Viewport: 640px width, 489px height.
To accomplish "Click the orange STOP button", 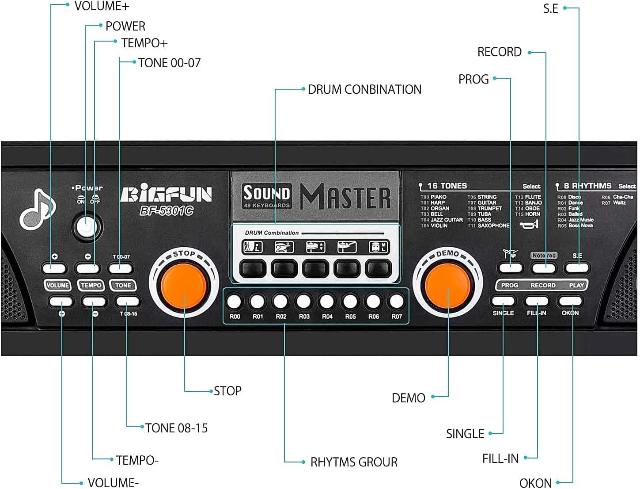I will click(x=184, y=283).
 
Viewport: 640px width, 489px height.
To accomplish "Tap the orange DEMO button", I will click(x=448, y=285).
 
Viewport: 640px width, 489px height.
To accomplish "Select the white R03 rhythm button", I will click(x=304, y=302).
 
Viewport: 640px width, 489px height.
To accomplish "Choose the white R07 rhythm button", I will click(x=396, y=302).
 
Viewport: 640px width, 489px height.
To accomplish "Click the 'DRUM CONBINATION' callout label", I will click(x=364, y=89).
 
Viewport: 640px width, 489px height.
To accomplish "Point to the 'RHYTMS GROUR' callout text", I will click(x=354, y=462).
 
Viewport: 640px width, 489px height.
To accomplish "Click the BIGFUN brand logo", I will click(x=166, y=195).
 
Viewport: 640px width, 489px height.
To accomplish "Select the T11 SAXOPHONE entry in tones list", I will click(x=489, y=225).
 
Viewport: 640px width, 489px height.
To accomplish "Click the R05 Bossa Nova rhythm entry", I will click(x=575, y=225).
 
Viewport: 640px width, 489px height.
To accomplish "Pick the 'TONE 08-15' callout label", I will click(x=176, y=428).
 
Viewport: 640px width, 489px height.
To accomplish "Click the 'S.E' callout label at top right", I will click(x=551, y=9).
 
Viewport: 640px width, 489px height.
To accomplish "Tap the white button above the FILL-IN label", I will click(x=536, y=301).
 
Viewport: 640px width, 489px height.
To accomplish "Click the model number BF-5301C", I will click(x=167, y=211).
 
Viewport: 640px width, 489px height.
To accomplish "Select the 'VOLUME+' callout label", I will click(x=102, y=6).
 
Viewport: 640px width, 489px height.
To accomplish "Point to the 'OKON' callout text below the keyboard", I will click(x=535, y=483).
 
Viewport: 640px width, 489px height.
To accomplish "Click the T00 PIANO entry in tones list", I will click(x=434, y=197).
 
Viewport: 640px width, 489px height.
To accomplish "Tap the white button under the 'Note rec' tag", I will click(x=544, y=267).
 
